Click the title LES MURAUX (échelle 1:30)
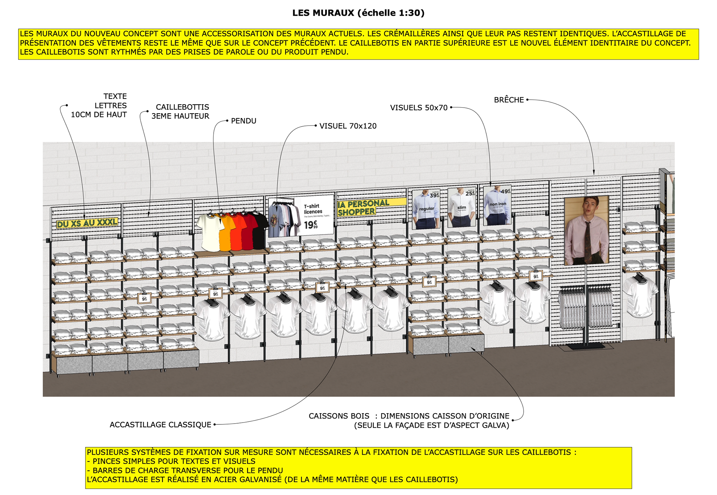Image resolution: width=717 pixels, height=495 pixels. coord(358,13)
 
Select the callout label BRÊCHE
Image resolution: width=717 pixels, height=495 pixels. coord(509,100)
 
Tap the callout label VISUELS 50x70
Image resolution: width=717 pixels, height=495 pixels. coord(419,108)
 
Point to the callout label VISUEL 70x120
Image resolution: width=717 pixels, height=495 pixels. coord(348,126)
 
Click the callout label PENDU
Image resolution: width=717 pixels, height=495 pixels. coord(243,121)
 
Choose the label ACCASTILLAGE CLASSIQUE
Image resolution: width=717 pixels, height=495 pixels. coord(160,425)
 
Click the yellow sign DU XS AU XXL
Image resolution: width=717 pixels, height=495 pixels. coord(87,223)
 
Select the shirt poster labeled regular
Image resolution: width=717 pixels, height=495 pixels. coord(426,209)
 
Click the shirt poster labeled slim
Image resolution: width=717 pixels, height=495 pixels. coord(462,208)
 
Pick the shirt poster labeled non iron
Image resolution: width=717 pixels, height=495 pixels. coord(497,205)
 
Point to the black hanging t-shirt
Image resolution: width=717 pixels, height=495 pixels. coord(260,230)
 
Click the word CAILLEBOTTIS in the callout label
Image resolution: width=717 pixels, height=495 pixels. coord(182,107)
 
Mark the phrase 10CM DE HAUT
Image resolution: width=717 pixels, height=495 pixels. coord(99,115)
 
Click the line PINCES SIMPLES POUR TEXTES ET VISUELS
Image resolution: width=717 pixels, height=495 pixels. coord(174,461)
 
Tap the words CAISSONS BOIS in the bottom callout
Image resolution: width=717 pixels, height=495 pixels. coord(339,416)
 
